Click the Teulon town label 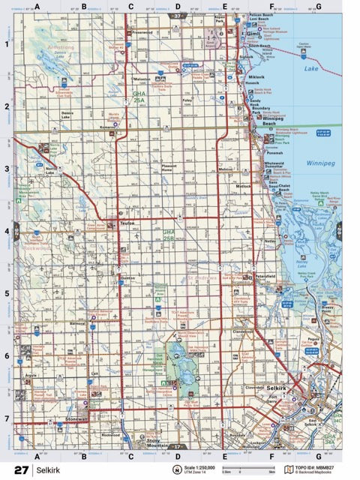click(x=127, y=223)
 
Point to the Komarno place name click(x=106, y=127)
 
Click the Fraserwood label click(x=142, y=33)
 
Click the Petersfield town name click(x=265, y=276)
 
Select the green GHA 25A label click(x=139, y=97)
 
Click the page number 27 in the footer click(x=20, y=469)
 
